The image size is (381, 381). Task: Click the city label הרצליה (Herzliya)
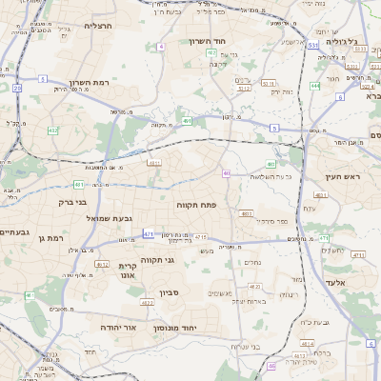click(98, 26)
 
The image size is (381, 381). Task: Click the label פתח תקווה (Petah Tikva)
click(198, 205)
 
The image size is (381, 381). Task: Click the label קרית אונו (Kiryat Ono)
click(129, 271)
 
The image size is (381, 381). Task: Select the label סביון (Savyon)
click(170, 292)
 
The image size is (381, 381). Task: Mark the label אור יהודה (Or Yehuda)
click(118, 327)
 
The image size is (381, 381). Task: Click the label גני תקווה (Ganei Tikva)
click(155, 259)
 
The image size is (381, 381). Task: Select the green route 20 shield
click(17, 88)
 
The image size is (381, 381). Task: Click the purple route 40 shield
click(226, 173)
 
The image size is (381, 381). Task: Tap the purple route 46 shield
click(271, 366)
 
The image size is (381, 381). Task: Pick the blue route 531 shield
click(312, 45)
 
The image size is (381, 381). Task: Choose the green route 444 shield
click(314, 86)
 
